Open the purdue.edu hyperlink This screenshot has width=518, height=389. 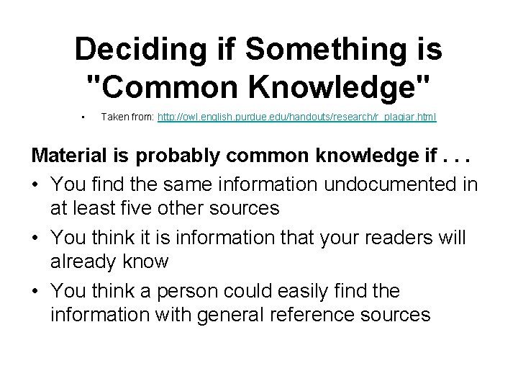point(297,116)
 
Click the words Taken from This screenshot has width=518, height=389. point(127,116)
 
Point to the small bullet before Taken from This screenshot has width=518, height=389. point(84,116)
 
